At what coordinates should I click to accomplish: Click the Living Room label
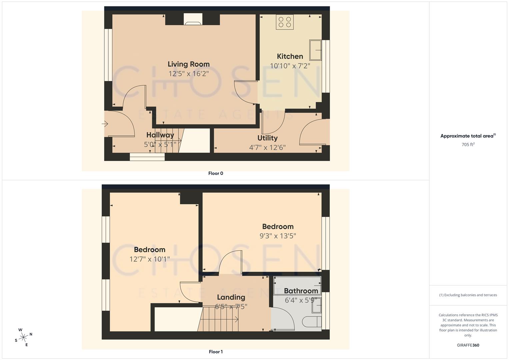188,64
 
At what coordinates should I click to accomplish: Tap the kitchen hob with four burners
285,22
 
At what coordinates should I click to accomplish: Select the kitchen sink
315,50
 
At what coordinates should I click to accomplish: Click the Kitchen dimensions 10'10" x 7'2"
290,66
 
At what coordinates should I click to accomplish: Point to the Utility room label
267,138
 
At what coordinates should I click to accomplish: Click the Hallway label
160,135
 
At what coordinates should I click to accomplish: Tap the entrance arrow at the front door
105,124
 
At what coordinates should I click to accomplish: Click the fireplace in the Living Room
193,20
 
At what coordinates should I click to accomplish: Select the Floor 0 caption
216,173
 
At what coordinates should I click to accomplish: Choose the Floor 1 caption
216,352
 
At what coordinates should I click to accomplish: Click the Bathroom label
301,291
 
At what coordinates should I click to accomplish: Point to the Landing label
231,297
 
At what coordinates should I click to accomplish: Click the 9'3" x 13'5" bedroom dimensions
278,236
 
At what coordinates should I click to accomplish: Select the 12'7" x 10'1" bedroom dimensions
149,259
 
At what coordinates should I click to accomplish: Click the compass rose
23,337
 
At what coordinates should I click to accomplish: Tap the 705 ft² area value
468,145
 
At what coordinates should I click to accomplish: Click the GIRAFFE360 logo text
468,345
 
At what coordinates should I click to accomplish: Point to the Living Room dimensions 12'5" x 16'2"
188,74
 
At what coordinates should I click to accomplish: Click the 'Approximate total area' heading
468,136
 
